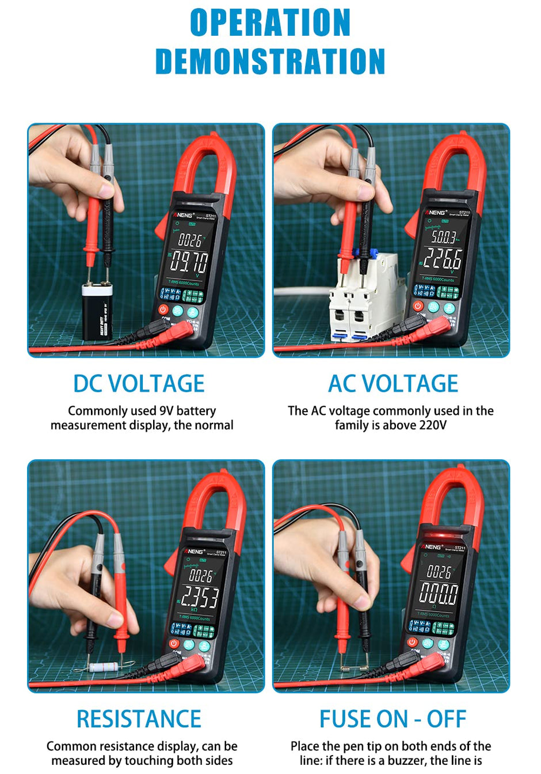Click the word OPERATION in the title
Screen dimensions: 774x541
point(270,23)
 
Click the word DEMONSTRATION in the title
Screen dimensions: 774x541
point(270,62)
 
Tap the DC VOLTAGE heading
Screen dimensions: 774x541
point(139,384)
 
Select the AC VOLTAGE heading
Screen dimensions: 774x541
point(393,384)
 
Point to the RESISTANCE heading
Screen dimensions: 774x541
point(139,719)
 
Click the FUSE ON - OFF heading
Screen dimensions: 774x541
point(393,719)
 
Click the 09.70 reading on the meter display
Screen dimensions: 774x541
point(189,262)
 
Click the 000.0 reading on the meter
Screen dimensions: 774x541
point(439,594)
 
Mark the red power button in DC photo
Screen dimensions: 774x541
point(163,310)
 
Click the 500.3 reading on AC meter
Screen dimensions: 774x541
point(444,236)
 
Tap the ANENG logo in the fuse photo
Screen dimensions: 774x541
point(432,546)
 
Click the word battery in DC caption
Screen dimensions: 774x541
point(196,411)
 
